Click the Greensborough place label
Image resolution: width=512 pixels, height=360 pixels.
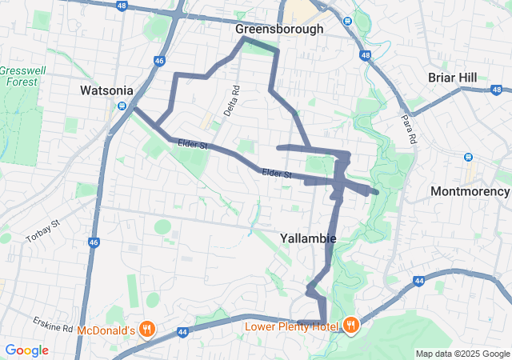click(x=279, y=29)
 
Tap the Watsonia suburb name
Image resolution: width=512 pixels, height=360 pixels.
click(x=106, y=90)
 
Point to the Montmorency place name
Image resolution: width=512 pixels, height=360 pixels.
click(x=470, y=191)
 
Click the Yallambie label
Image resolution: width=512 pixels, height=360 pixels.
click(x=308, y=238)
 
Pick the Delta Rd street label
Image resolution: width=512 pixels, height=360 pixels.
click(x=231, y=102)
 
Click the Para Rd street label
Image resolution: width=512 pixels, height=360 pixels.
click(x=410, y=128)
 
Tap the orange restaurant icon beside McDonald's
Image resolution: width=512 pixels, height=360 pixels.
click(x=147, y=328)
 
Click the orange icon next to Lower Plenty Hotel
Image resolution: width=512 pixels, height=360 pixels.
click(x=351, y=325)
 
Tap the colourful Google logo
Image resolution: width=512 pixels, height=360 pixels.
click(x=26, y=350)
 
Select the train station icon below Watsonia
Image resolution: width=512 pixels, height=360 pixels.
click(x=122, y=105)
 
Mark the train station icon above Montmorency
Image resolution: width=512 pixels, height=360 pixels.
click(x=469, y=156)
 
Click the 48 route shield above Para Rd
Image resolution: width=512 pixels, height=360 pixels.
click(x=366, y=55)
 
